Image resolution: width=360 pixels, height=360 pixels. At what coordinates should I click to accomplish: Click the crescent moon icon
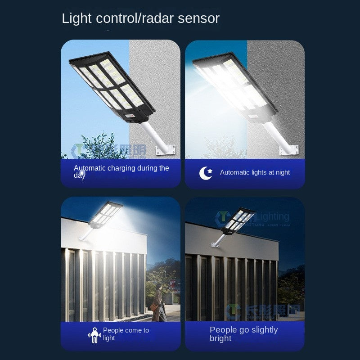coord(206,173)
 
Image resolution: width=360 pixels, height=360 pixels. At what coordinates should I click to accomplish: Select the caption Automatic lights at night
coord(255,172)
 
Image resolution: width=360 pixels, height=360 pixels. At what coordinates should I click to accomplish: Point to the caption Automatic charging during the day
coord(121,171)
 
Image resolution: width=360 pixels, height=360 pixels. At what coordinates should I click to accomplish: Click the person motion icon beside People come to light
coord(94,335)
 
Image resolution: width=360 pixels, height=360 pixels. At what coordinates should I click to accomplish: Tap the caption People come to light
coord(126,334)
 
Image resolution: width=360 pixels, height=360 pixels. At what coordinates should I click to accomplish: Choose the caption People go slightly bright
coord(243,334)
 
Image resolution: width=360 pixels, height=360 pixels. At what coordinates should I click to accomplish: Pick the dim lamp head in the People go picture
coord(238,220)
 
